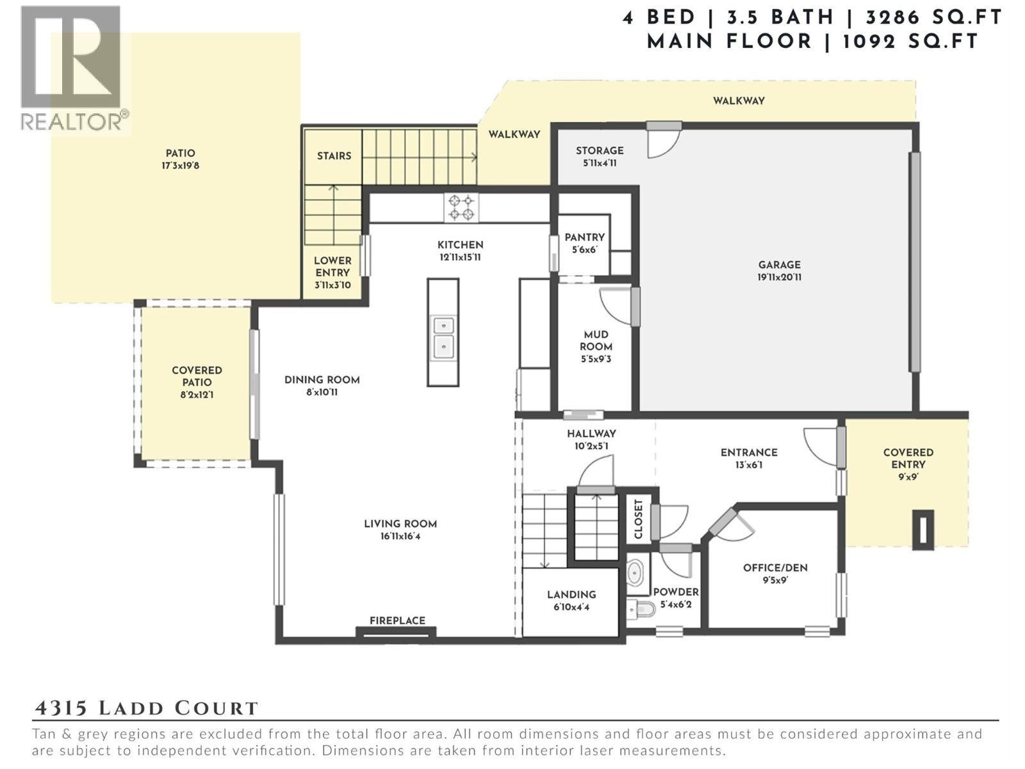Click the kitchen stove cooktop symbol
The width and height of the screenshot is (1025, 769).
[461, 208]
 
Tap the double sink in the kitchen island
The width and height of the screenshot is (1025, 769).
[443, 337]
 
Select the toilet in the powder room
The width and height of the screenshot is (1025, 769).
[640, 608]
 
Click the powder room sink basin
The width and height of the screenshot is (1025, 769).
[635, 572]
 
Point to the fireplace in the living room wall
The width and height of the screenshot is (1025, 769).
[396, 633]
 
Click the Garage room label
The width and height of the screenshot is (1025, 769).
[779, 265]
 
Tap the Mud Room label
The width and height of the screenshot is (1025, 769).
[596, 340]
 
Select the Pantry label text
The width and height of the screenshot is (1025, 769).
[584, 237]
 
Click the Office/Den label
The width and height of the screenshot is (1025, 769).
[775, 568]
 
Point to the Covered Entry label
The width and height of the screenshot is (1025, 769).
[908, 458]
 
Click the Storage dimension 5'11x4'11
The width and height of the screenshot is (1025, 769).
[600, 163]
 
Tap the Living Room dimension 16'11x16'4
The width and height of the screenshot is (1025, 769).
[400, 536]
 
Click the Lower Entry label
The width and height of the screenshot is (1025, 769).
[332, 267]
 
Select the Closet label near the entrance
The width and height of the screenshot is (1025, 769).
[639, 519]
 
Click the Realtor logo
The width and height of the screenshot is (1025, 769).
[72, 67]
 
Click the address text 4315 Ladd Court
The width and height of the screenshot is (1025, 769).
[146, 708]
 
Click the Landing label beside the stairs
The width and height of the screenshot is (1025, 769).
[571, 595]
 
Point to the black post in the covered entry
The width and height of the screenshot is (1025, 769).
[922, 529]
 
